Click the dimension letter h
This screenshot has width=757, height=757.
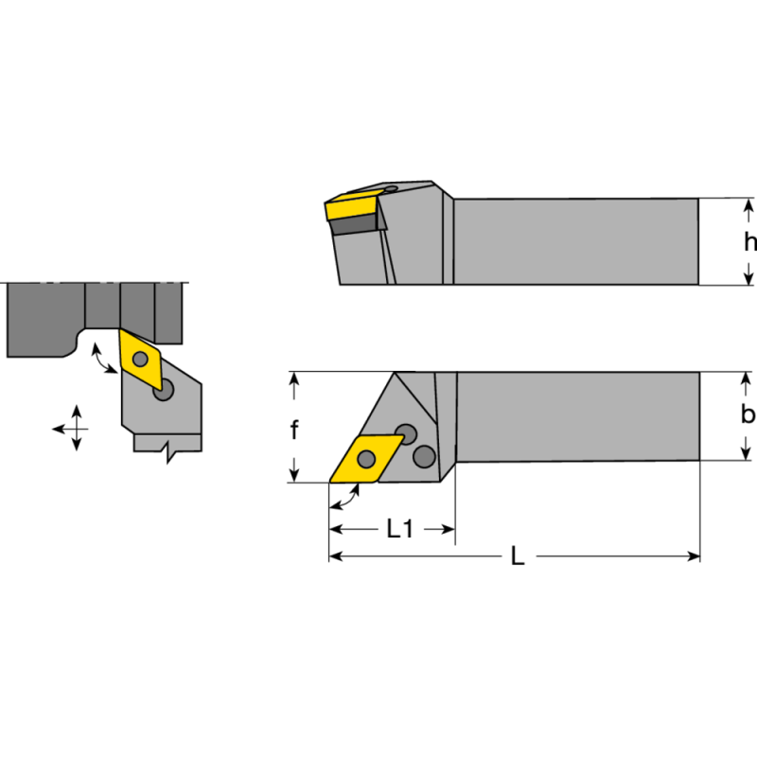748,241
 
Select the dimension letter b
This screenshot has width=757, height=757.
748,414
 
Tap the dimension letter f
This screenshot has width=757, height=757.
294,431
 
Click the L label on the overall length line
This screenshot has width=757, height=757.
517,557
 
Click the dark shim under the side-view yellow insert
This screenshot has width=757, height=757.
359,223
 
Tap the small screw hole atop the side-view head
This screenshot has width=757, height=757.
391,189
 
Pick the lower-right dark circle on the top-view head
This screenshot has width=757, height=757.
424,458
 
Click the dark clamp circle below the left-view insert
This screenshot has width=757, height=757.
166,391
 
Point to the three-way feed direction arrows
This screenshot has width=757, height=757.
74,430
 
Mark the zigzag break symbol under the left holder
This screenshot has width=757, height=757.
169,452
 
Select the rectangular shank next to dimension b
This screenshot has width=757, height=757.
577,415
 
